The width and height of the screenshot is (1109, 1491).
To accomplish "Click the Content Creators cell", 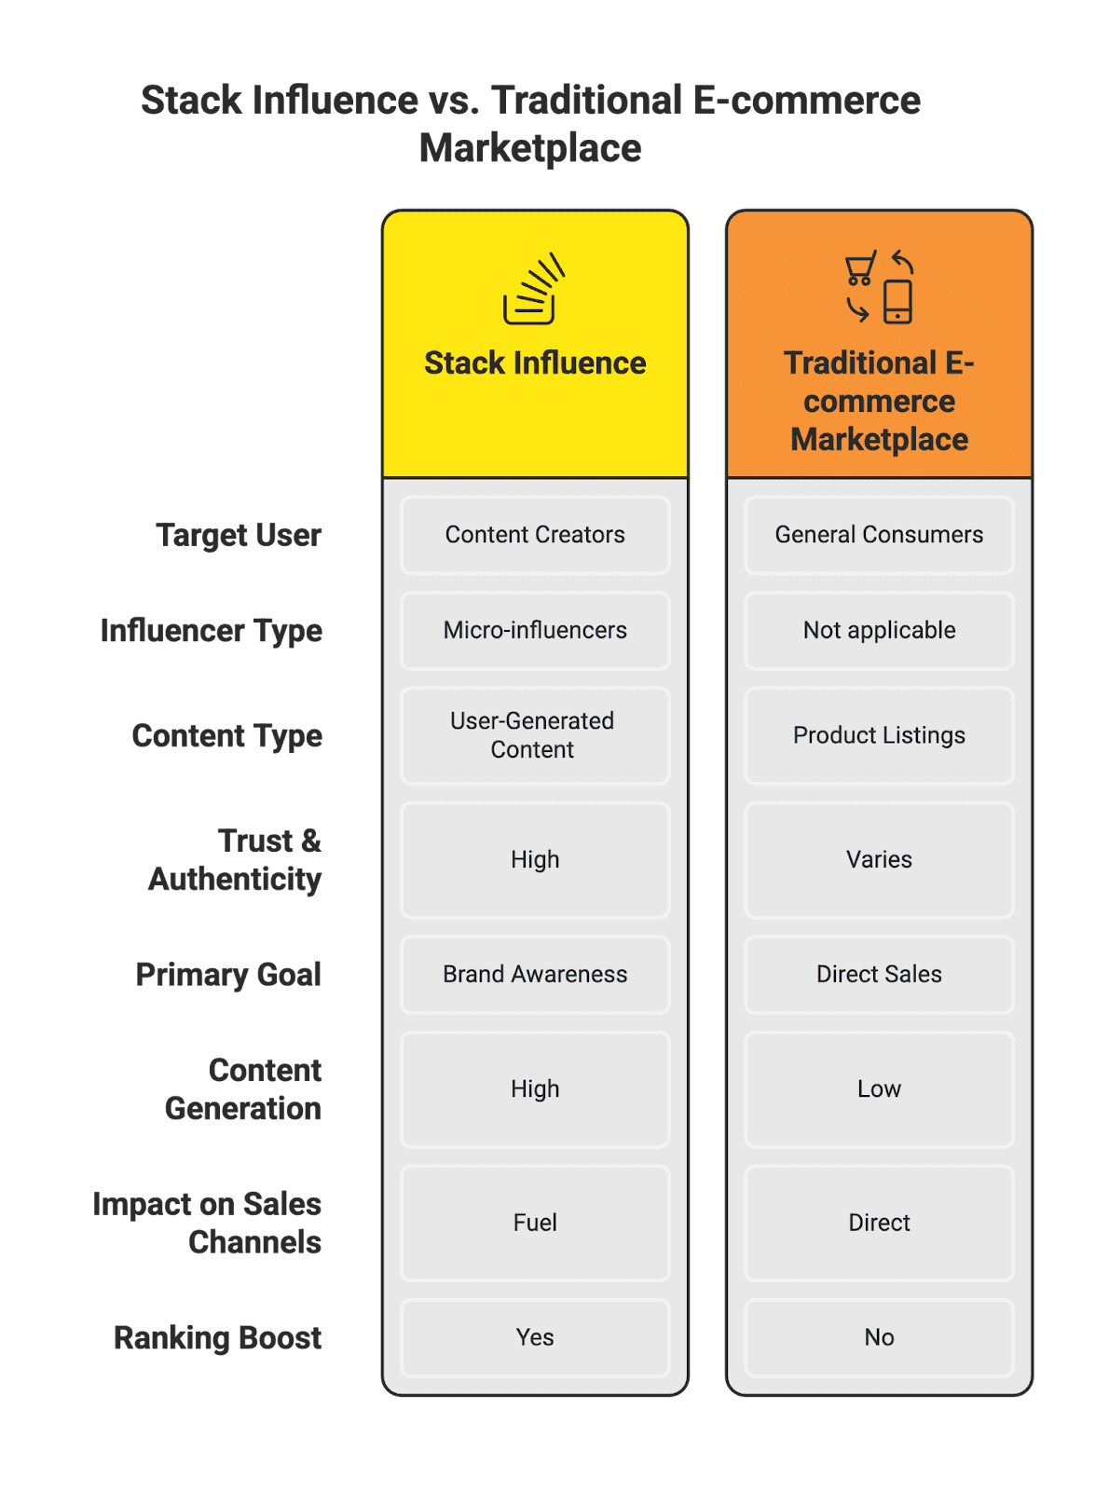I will pyautogui.click(x=535, y=535).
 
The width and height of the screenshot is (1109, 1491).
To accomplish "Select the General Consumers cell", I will pyautogui.click(x=879, y=535).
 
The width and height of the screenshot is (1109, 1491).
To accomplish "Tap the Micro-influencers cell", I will pyautogui.click(x=535, y=631).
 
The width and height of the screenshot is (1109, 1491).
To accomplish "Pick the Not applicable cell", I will pyautogui.click(x=879, y=631).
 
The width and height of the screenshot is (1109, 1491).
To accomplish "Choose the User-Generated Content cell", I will pyautogui.click(x=535, y=735).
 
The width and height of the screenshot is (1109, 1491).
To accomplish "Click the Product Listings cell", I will pyautogui.click(x=879, y=735).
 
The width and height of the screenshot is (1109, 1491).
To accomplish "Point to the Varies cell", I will pyautogui.click(x=879, y=859).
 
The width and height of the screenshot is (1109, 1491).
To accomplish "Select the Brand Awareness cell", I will pyautogui.click(x=535, y=975).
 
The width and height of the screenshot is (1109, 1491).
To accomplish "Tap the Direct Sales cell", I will pyautogui.click(x=879, y=975).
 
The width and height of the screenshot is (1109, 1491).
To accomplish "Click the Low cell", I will pyautogui.click(x=879, y=1089).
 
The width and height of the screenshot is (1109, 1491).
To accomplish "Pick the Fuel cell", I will pyautogui.click(x=535, y=1223).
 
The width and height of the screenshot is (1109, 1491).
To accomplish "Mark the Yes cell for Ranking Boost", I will pyautogui.click(x=535, y=1337).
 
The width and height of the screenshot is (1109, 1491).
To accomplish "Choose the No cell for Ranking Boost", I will pyautogui.click(x=879, y=1337).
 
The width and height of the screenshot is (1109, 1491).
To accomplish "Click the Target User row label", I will pyautogui.click(x=239, y=536).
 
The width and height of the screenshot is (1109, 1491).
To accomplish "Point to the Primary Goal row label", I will pyautogui.click(x=228, y=975).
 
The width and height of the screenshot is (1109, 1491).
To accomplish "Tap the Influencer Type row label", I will pyautogui.click(x=212, y=631).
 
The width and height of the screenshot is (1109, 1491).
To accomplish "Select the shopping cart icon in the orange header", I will pyautogui.click(x=859, y=268).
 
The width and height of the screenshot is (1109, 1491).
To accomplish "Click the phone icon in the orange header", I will pyautogui.click(x=897, y=302).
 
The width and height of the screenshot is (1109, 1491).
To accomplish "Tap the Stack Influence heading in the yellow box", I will pyautogui.click(x=535, y=363).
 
